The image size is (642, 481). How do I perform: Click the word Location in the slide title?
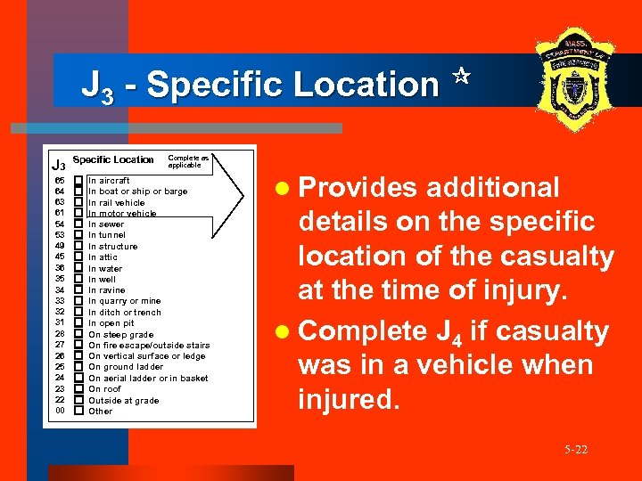click(x=366, y=85)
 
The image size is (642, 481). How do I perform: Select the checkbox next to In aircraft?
click(x=78, y=181)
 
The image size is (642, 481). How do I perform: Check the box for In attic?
click(x=78, y=257)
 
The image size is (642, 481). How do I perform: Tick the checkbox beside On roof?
click(x=78, y=389)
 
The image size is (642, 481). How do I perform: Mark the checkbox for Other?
click(x=78, y=412)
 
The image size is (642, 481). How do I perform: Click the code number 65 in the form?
click(x=60, y=181)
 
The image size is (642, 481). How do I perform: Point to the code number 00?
click(x=60, y=412)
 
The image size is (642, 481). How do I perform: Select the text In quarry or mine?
click(x=125, y=301)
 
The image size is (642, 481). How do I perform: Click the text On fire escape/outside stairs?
click(x=149, y=346)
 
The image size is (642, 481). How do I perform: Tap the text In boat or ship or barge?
click(x=137, y=192)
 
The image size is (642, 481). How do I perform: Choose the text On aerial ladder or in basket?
click(x=148, y=379)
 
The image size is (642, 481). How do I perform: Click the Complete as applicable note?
click(x=188, y=162)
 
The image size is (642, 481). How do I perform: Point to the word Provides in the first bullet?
click(x=357, y=187)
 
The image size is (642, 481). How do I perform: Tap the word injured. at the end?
click(x=350, y=398)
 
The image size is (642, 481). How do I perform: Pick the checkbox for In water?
click(x=78, y=268)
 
